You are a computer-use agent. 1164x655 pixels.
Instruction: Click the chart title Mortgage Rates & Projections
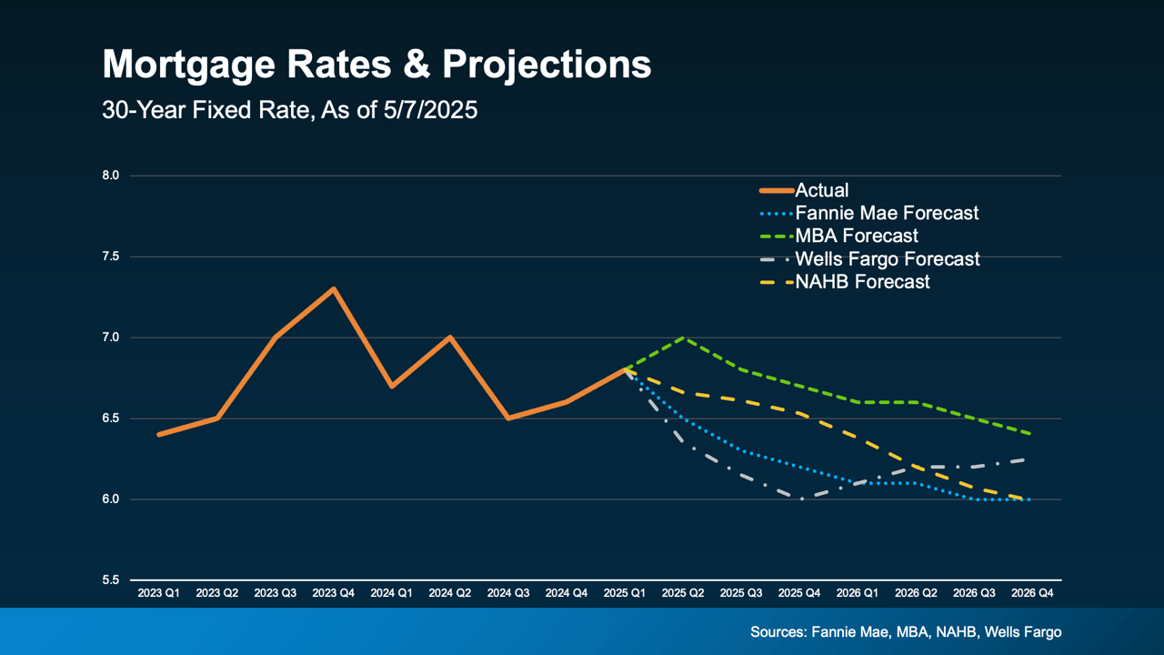[376, 65]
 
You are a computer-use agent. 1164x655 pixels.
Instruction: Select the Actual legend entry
[821, 190]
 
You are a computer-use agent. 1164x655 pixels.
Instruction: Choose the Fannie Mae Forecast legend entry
[887, 213]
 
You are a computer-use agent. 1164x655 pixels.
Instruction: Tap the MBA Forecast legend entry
[857, 236]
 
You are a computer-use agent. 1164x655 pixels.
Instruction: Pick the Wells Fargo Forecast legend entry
[888, 259]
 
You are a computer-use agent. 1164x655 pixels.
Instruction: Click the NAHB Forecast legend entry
[862, 282]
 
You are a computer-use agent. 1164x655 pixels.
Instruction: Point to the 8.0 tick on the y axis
[110, 176]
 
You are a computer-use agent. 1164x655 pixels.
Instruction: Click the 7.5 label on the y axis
[110, 257]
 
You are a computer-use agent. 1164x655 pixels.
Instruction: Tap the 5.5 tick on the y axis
[110, 580]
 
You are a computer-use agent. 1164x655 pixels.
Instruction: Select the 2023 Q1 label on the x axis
[159, 593]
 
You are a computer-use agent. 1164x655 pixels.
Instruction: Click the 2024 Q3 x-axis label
[508, 593]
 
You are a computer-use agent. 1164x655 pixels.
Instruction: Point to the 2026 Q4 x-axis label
[1032, 593]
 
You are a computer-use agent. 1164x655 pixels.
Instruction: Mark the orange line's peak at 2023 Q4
[334, 289]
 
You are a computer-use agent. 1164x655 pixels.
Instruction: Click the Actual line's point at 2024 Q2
[450, 338]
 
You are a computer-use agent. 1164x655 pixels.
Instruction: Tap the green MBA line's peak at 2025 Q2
[683, 338]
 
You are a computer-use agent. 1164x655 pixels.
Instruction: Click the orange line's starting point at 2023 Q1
[159, 435]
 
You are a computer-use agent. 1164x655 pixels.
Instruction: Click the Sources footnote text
[906, 632]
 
